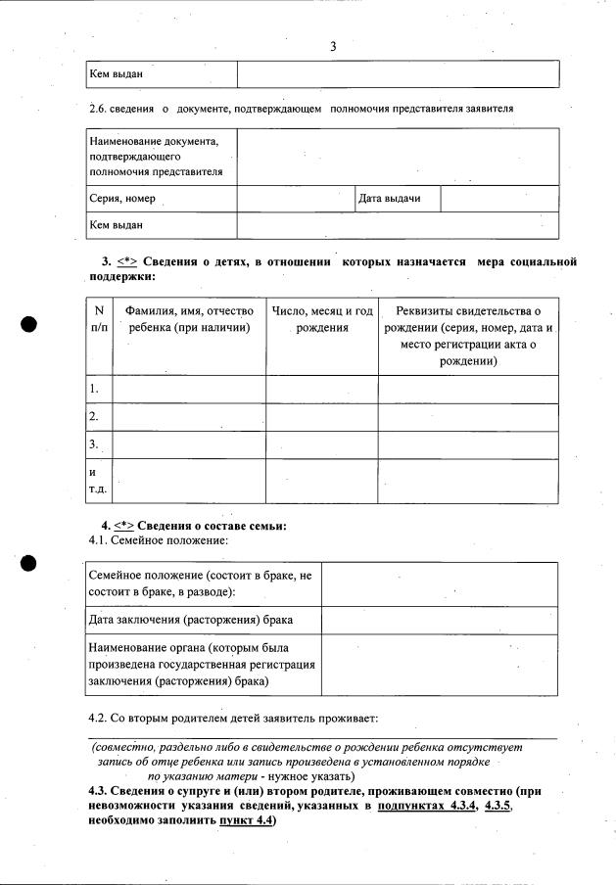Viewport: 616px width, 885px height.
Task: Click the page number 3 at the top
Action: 333,46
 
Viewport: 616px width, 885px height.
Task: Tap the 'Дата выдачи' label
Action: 390,199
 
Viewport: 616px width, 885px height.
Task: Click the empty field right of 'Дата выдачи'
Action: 499,199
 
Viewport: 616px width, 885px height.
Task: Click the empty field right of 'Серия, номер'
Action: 295,199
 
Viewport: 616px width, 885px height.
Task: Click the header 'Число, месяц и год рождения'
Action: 322,319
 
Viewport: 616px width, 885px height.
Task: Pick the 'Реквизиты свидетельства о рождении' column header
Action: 468,336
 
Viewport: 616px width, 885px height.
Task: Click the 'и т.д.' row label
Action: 97,481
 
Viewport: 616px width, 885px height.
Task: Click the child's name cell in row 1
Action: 189,389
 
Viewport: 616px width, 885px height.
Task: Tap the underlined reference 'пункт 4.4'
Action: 247,820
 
